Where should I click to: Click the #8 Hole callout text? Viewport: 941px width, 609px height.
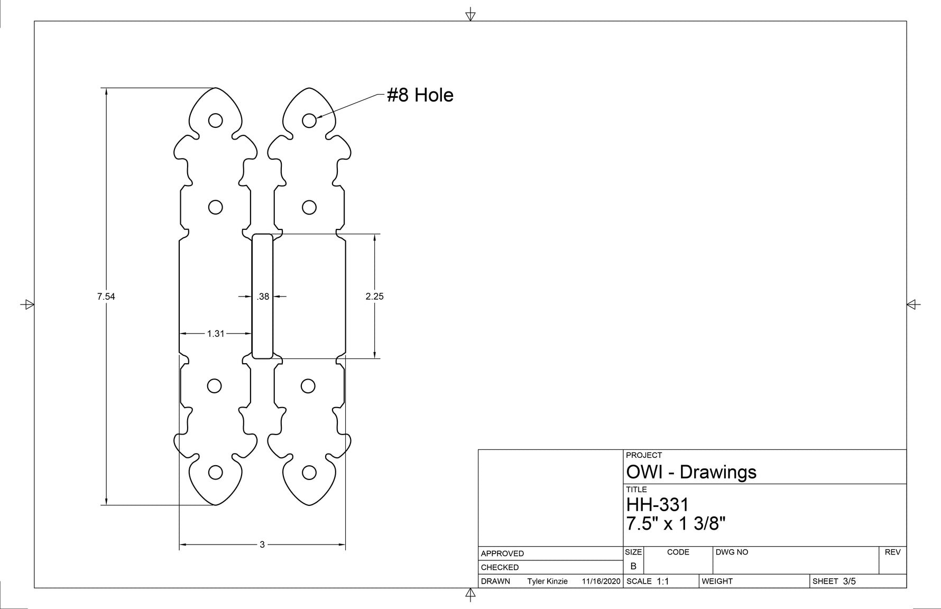pyautogui.click(x=420, y=95)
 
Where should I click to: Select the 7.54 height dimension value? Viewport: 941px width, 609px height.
pyautogui.click(x=106, y=297)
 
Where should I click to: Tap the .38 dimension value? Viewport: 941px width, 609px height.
pyautogui.click(x=263, y=297)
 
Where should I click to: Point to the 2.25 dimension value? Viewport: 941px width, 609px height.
pyautogui.click(x=374, y=297)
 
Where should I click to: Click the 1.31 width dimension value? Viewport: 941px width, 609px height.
pyautogui.click(x=216, y=334)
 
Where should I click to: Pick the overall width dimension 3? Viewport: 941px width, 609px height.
pyautogui.click(x=262, y=545)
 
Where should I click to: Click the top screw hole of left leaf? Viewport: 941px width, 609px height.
pyautogui.click(x=215, y=121)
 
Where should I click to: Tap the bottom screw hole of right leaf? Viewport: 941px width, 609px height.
pyautogui.click(x=309, y=473)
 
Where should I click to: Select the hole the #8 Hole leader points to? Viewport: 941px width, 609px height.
pyautogui.click(x=309, y=121)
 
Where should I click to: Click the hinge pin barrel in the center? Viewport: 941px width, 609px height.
pyautogui.click(x=262, y=296)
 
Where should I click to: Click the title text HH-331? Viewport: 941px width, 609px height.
pyautogui.click(x=658, y=505)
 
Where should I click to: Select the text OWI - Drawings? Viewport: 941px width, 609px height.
pyautogui.click(x=691, y=472)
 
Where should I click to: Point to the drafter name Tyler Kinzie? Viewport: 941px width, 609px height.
pyautogui.click(x=547, y=582)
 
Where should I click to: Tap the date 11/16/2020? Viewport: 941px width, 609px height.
pyautogui.click(x=601, y=582)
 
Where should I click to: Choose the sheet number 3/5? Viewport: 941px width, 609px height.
pyautogui.click(x=849, y=582)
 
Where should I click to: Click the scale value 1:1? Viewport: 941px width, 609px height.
pyautogui.click(x=663, y=582)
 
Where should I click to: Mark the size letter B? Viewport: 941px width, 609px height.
pyautogui.click(x=633, y=566)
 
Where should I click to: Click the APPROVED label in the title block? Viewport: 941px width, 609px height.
pyautogui.click(x=502, y=553)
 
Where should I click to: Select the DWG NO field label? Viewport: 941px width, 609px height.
pyautogui.click(x=732, y=552)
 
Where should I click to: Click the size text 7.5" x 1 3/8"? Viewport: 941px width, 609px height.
pyautogui.click(x=676, y=524)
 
